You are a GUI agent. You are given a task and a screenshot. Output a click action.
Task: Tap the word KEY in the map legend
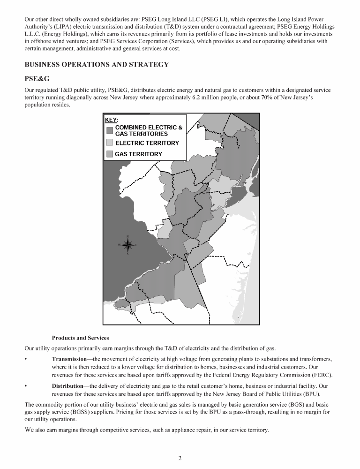click(x=111, y=120)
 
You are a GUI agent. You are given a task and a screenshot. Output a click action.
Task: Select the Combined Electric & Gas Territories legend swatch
click(x=110, y=130)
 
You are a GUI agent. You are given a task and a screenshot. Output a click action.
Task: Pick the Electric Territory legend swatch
click(x=110, y=143)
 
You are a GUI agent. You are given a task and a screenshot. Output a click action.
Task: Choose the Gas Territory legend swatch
click(x=110, y=154)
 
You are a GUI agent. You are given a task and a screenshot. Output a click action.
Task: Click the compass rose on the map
click(x=127, y=245)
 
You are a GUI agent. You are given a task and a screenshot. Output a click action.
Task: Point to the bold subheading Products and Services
click(x=80, y=338)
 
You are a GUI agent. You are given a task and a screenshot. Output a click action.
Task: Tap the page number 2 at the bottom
click(x=180, y=458)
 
